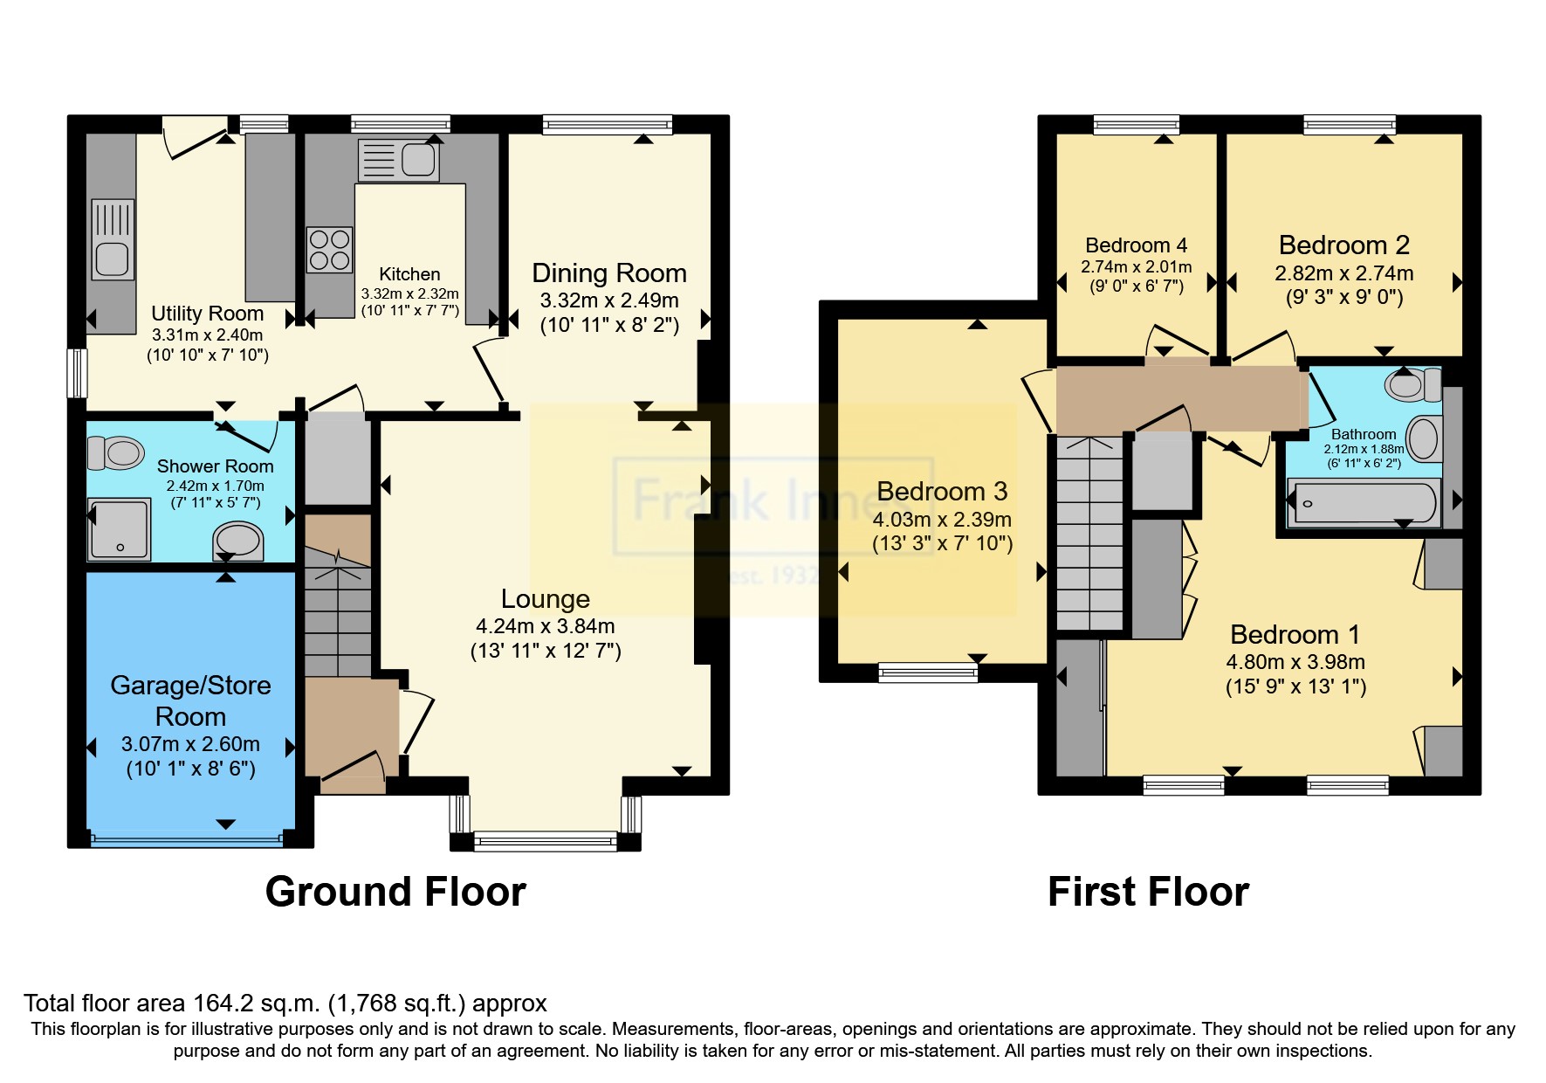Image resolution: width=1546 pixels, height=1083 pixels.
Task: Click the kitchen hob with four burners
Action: pyautogui.click(x=329, y=249)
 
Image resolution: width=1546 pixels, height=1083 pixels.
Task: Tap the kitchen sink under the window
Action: pyautogui.click(x=398, y=161)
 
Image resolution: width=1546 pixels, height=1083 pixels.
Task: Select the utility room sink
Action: pyautogui.click(x=113, y=238)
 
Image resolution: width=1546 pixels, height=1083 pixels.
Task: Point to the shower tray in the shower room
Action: pyautogui.click(x=119, y=529)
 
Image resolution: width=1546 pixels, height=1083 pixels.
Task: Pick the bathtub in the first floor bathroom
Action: pyautogui.click(x=1363, y=503)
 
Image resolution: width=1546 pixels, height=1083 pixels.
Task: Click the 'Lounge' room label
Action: pyautogui.click(x=546, y=599)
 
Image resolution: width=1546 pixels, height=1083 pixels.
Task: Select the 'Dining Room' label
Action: pyautogui.click(x=609, y=273)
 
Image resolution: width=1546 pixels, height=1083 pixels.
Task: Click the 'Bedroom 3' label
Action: pyautogui.click(x=942, y=492)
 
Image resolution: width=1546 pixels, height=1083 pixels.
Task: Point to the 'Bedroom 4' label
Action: pyautogui.click(x=1137, y=245)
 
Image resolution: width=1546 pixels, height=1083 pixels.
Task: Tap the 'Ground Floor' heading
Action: pyautogui.click(x=395, y=892)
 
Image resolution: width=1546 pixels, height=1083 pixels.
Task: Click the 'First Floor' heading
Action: pyautogui.click(x=1148, y=892)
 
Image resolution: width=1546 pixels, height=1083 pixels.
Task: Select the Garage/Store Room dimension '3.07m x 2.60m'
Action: pyautogui.click(x=190, y=744)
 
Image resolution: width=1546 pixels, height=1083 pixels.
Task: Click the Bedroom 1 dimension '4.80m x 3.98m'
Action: pyautogui.click(x=1295, y=662)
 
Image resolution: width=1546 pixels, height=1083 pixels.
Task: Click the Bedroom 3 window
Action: pyautogui.click(x=928, y=672)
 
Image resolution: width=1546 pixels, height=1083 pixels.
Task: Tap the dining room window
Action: pyautogui.click(x=608, y=125)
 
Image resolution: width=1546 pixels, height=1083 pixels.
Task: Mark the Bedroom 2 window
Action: pyautogui.click(x=1350, y=125)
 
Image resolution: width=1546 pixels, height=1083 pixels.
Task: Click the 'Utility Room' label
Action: pyautogui.click(x=208, y=314)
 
